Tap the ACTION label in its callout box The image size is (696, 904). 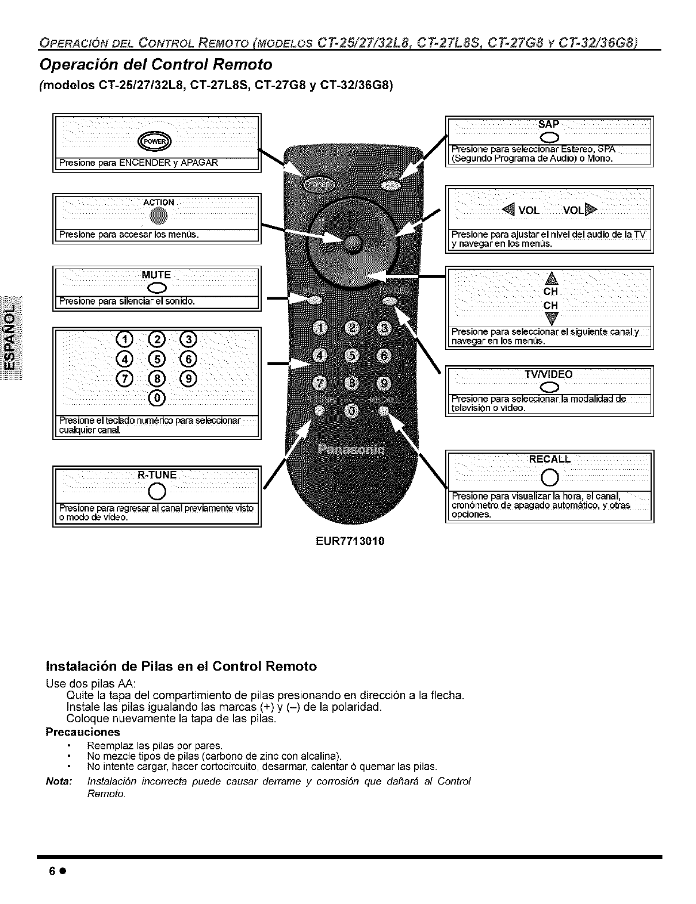(x=158, y=202)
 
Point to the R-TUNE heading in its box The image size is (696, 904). (x=157, y=475)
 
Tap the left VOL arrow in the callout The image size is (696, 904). (x=508, y=209)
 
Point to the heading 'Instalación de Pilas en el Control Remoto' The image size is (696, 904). (x=181, y=666)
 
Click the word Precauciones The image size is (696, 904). (x=83, y=732)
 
